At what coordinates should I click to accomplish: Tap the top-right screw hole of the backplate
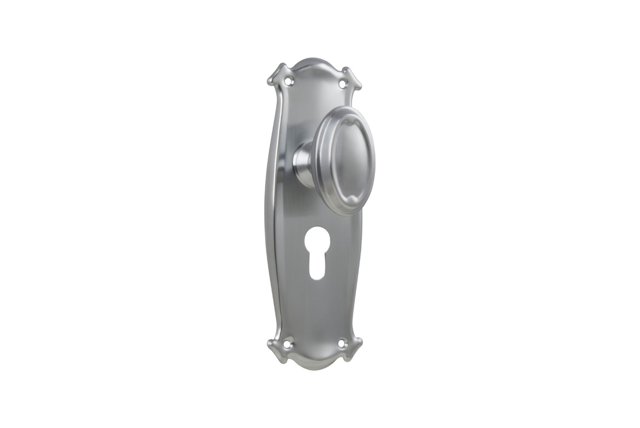[341, 83]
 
